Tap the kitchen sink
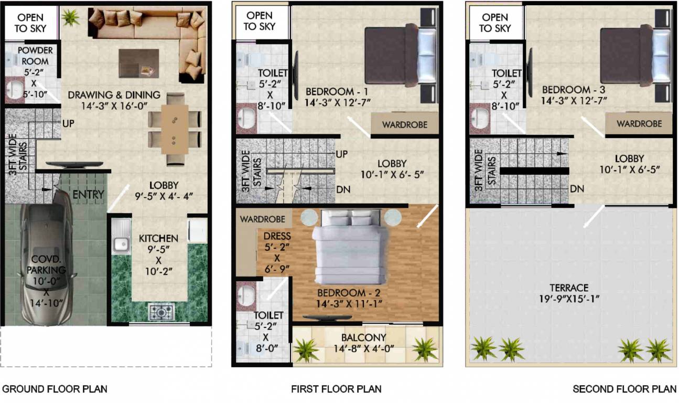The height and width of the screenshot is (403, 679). coord(121,243)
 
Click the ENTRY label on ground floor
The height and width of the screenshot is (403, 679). coord(88,195)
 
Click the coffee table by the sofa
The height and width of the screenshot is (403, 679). coord(138,63)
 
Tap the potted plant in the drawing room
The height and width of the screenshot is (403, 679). coord(69,18)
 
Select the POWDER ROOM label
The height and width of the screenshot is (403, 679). coord(35,56)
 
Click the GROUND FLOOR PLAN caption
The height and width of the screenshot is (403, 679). coord(55,389)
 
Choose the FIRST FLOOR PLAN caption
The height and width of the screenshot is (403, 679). coord(336,389)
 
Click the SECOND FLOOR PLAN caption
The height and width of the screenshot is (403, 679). coord(624,389)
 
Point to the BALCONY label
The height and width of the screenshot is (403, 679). coord(364,337)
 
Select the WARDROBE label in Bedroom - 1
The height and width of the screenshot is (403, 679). coord(404,125)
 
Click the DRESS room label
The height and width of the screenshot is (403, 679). coord(277,237)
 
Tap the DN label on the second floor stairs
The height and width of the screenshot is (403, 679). coord(577,188)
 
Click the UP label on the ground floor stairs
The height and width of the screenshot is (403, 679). coord(68,124)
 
